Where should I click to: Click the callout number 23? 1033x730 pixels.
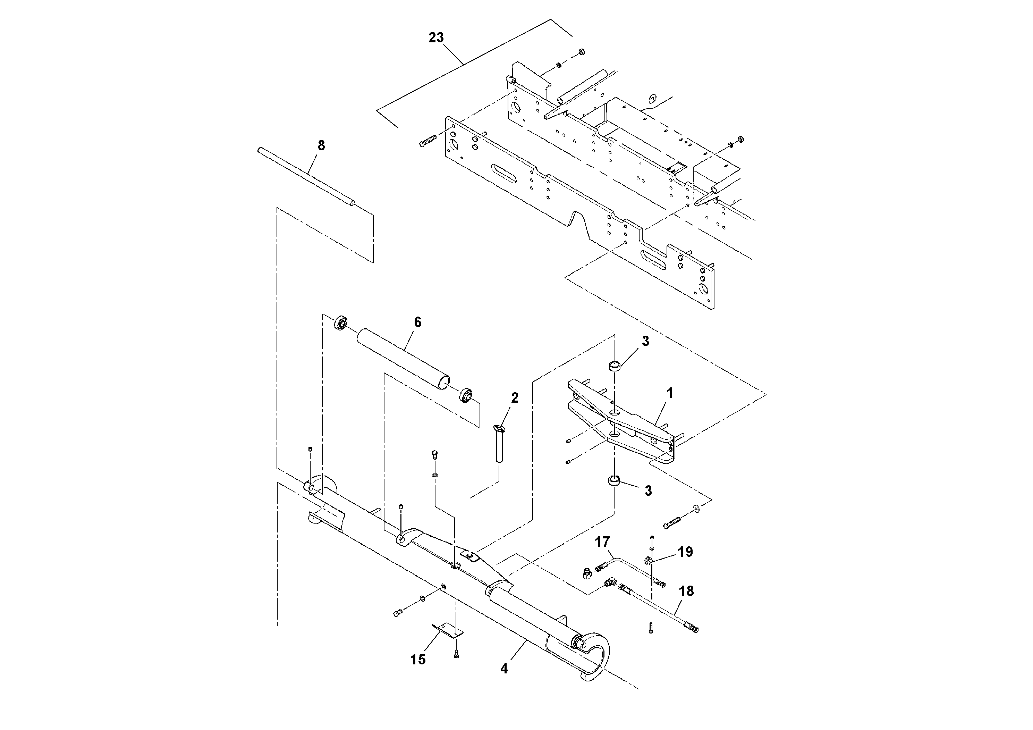pyautogui.click(x=435, y=38)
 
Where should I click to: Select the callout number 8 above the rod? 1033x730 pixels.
pyautogui.click(x=321, y=145)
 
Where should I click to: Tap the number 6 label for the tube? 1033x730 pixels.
pyautogui.click(x=417, y=322)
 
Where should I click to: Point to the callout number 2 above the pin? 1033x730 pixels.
pyautogui.click(x=515, y=397)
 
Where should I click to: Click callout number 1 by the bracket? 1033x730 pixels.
pyautogui.click(x=669, y=393)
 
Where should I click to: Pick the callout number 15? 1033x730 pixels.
pyautogui.click(x=417, y=660)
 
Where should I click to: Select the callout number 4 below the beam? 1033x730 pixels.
pyautogui.click(x=504, y=681)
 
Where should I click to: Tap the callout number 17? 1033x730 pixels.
pyautogui.click(x=602, y=542)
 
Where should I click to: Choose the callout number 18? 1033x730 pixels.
pyautogui.click(x=686, y=591)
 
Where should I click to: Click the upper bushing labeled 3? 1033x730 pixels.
pyautogui.click(x=615, y=365)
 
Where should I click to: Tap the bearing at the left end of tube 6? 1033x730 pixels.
pyautogui.click(x=341, y=323)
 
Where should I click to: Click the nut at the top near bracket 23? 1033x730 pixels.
pyautogui.click(x=581, y=52)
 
